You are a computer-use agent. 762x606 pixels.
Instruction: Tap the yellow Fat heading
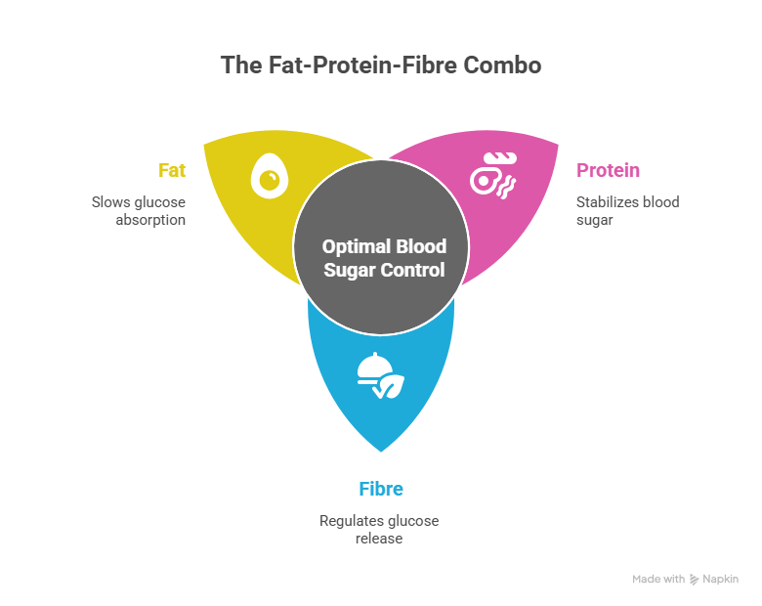(x=172, y=171)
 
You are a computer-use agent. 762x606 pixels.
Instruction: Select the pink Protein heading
(x=608, y=171)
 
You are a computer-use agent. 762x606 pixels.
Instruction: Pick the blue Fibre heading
(x=381, y=490)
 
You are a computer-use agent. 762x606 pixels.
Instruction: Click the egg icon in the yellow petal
(x=270, y=176)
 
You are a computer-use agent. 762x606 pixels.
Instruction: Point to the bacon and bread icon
(x=493, y=176)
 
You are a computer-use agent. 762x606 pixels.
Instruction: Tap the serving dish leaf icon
(x=381, y=375)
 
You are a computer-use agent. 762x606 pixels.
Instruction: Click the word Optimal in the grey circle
(x=357, y=247)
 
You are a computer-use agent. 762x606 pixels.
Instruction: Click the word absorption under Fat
(x=150, y=220)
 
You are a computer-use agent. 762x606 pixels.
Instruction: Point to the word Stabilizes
(x=604, y=202)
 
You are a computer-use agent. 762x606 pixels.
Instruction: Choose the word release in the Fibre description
(x=379, y=539)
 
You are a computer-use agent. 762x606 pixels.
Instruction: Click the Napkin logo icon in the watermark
(x=694, y=580)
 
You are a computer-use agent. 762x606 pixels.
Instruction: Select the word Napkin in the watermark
(x=721, y=580)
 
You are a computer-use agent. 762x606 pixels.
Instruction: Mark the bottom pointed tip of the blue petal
(x=381, y=452)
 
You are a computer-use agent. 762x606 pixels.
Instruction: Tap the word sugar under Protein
(x=595, y=220)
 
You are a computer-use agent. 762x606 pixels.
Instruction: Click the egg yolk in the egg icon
(x=270, y=180)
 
